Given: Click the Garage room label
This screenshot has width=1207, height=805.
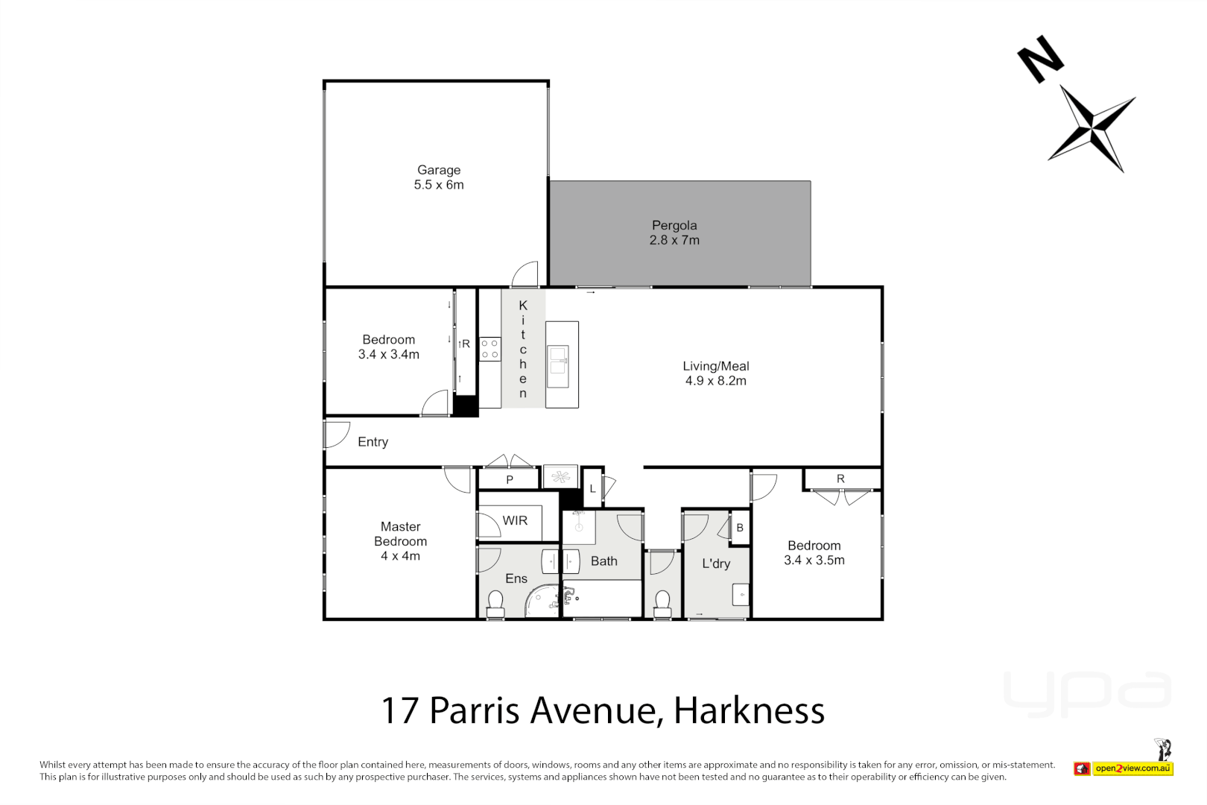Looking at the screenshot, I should pyautogui.click(x=438, y=170).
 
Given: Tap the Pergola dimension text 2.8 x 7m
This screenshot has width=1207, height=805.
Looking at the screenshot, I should pyautogui.click(x=674, y=240).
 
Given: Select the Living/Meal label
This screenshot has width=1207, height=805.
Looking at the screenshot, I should pyautogui.click(x=715, y=366).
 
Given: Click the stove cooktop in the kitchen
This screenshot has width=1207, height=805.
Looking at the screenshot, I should pyautogui.click(x=490, y=349).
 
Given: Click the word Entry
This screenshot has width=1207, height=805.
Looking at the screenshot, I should pyautogui.click(x=373, y=442).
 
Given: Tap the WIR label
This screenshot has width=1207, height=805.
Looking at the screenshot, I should pyautogui.click(x=515, y=520).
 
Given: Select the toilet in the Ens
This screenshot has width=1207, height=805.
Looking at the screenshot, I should pyautogui.click(x=495, y=603).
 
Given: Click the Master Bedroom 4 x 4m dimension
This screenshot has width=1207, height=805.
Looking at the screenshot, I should pyautogui.click(x=400, y=556).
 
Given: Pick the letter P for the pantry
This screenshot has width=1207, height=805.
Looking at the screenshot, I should pyautogui.click(x=510, y=480).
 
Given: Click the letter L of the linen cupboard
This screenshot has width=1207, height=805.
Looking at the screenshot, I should pyautogui.click(x=593, y=489).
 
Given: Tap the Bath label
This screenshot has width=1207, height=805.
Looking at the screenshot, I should pyautogui.click(x=603, y=561).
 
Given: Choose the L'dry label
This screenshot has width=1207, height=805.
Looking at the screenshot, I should pyautogui.click(x=715, y=563).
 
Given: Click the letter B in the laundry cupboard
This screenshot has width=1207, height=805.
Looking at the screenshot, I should pyautogui.click(x=740, y=528).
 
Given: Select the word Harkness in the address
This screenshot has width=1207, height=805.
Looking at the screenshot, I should pyautogui.click(x=749, y=710).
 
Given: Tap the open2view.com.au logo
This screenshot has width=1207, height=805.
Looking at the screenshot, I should pyautogui.click(x=1132, y=768).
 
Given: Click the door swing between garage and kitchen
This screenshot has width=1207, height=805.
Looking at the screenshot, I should pyautogui.click(x=525, y=274).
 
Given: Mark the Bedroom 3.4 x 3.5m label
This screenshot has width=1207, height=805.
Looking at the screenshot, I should pyautogui.click(x=814, y=553).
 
